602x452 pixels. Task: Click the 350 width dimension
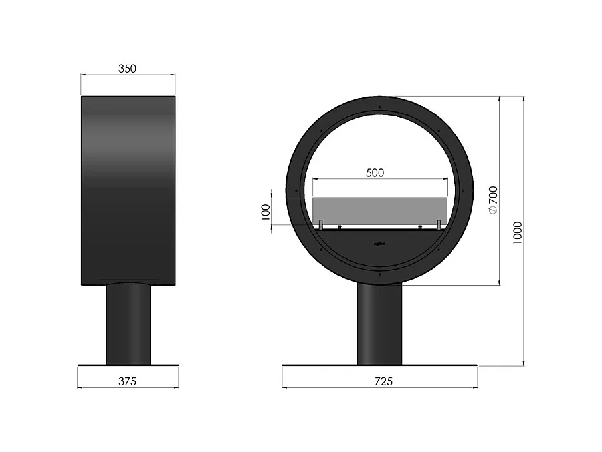[128, 68]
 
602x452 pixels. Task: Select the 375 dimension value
[127, 381]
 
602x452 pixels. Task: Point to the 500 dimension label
[375, 172]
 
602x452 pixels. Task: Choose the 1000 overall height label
[517, 232]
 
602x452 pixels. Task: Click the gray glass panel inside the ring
[379, 210]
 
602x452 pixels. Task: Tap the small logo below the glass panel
[379, 243]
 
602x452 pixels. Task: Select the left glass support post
[320, 225]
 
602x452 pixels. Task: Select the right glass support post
[439, 225]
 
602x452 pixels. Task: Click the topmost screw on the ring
[379, 107]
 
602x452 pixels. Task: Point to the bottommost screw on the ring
[379, 273]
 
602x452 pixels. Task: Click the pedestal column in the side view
[128, 323]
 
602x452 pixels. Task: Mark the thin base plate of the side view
[128, 365]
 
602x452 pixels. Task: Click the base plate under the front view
[379, 365]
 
